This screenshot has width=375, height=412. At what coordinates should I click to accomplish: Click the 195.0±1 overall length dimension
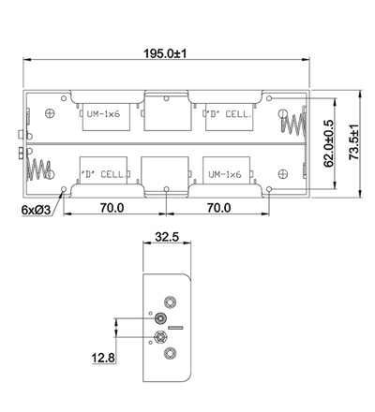click(x=165, y=53)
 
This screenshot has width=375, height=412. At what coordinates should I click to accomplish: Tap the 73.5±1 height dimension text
click(x=354, y=142)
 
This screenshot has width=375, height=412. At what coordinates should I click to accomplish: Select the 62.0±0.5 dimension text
click(x=329, y=143)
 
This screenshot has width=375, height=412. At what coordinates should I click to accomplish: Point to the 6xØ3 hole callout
click(x=36, y=210)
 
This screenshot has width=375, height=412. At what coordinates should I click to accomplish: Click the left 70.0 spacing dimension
click(x=112, y=208)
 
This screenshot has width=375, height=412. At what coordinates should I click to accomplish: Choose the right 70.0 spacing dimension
click(x=219, y=208)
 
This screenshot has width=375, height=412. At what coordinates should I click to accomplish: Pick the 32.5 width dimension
click(x=167, y=237)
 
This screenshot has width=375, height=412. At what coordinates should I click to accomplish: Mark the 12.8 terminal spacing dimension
click(x=103, y=358)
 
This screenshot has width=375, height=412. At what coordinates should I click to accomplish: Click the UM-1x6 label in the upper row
click(x=103, y=114)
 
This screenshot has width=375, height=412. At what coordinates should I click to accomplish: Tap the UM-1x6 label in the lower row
click(x=225, y=174)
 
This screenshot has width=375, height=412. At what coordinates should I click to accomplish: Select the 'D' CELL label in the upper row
click(x=229, y=114)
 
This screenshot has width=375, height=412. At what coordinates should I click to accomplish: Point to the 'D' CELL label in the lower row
click(x=105, y=174)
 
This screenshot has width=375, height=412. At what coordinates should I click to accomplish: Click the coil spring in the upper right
click(x=293, y=124)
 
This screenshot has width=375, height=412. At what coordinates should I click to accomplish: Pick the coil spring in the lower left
click(x=39, y=169)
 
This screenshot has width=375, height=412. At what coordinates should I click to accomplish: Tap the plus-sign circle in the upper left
click(x=50, y=113)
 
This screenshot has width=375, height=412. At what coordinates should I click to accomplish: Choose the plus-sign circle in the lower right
click(x=283, y=173)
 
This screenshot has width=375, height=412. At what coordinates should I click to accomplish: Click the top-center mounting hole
click(x=167, y=98)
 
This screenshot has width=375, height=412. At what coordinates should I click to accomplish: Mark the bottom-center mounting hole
click(x=167, y=189)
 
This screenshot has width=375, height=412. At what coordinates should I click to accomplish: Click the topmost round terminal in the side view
click(x=171, y=302)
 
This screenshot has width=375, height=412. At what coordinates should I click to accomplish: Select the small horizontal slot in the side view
click(x=175, y=328)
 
